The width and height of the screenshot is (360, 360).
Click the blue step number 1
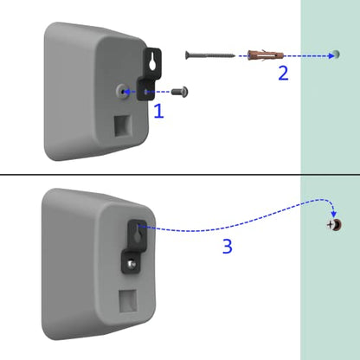click(159, 112)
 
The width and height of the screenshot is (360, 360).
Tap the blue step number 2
click(283, 73)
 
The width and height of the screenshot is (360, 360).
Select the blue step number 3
click(228, 247)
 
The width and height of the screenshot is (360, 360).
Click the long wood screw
click(209, 55)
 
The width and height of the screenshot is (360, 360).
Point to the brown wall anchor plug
click(266, 55)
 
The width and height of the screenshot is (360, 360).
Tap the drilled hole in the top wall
click(336, 55)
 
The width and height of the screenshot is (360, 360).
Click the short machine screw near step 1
click(180, 92)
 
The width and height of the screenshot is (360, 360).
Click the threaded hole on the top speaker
click(123, 92)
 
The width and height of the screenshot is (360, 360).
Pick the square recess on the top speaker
click(123, 125)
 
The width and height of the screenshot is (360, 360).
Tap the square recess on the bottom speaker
click(128, 301)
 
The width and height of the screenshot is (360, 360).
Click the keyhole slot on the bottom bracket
click(138, 233)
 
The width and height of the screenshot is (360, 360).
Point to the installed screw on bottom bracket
click(132, 264)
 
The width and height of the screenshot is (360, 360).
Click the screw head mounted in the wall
click(334, 225)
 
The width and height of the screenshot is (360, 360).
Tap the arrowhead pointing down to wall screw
click(334, 215)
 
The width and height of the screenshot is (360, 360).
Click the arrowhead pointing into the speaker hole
click(126, 92)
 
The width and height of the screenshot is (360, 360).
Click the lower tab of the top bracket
click(145, 90)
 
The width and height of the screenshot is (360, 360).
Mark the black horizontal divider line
click(180, 175)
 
